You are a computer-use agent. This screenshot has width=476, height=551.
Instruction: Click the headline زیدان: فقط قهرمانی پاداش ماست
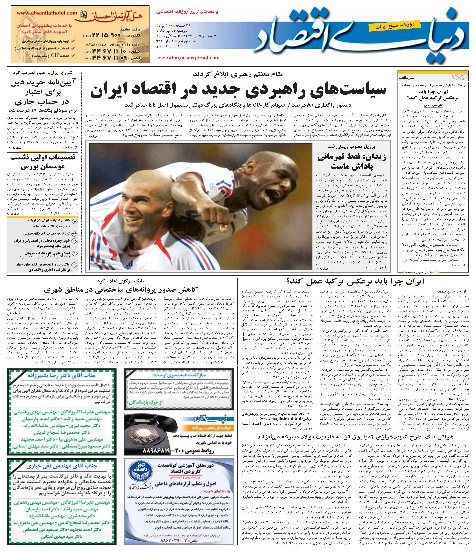351,162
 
